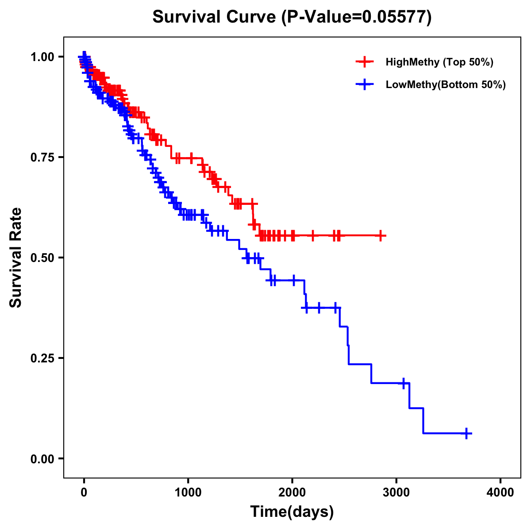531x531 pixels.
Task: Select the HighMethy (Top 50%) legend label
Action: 439,62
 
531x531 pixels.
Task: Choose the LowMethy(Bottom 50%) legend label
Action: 446,85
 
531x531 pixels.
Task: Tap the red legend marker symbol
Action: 365,62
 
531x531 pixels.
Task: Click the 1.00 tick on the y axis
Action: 42,57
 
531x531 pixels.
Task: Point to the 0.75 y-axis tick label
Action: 42,157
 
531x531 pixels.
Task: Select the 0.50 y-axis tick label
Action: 42,258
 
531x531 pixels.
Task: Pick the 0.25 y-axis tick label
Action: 42,358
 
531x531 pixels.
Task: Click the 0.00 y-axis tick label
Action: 42,458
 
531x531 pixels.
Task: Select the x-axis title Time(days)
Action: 292,512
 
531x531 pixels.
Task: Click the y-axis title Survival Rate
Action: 16,258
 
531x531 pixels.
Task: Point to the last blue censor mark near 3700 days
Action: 466,433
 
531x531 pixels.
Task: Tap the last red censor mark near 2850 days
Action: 380,236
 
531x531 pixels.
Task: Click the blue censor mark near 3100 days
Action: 403,383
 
